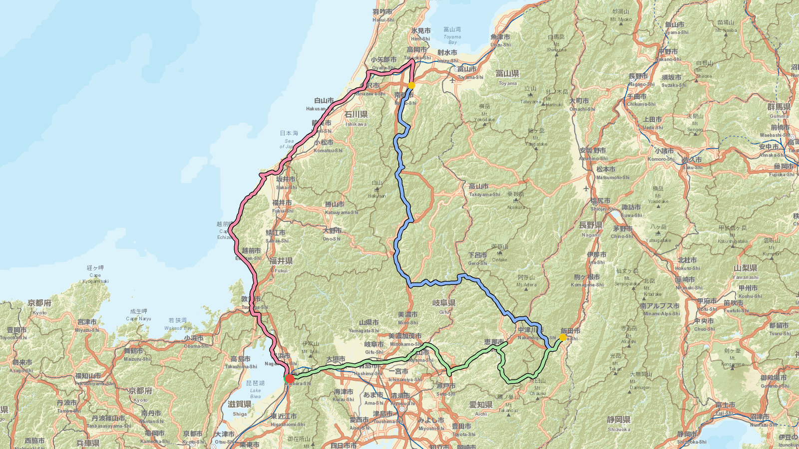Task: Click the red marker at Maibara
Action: (290, 379)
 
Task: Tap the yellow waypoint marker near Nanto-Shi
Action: (411, 85)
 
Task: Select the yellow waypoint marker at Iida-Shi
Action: (563, 338)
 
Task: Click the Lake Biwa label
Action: (255, 389)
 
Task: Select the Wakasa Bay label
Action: (178, 324)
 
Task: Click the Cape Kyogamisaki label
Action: (95, 274)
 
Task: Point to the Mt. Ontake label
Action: (499, 253)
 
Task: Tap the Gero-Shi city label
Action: (477, 258)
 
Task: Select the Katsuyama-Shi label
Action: (342, 208)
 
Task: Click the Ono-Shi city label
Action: (332, 234)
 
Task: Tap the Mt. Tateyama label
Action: (530, 95)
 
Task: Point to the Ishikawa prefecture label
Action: (356, 118)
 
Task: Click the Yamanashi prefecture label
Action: (745, 272)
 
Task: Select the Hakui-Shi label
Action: (383, 15)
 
